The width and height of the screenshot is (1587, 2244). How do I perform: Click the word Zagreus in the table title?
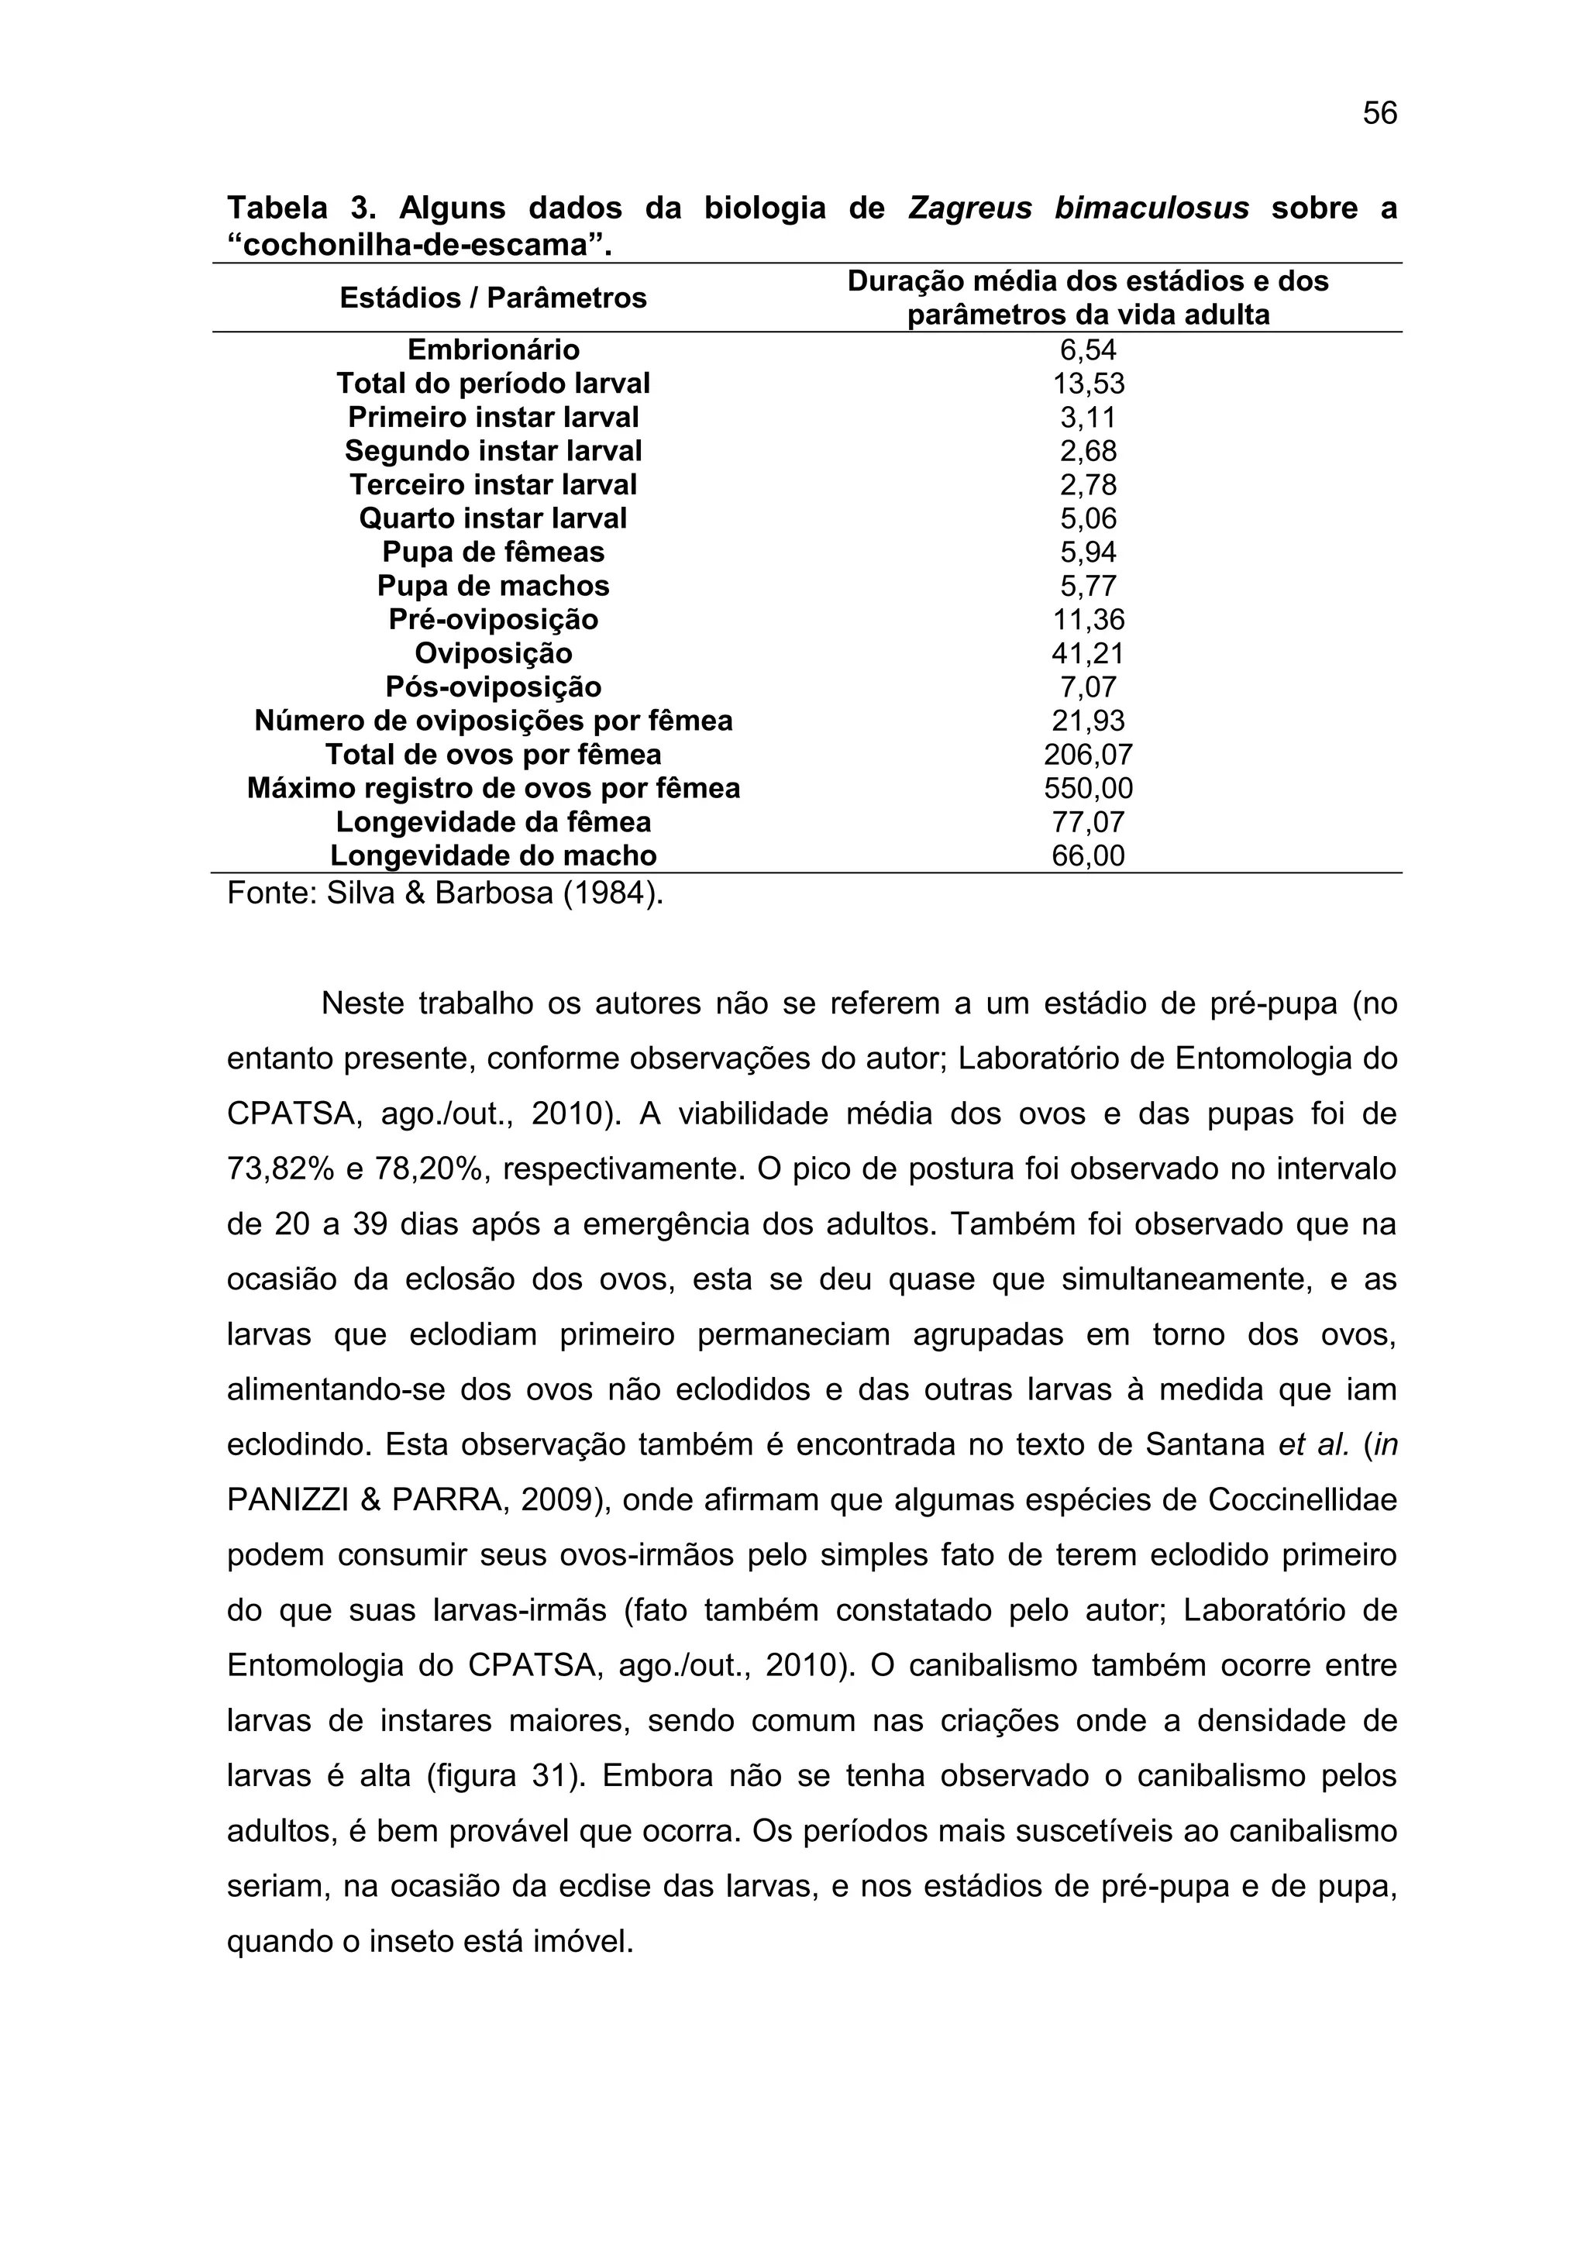click(x=969, y=208)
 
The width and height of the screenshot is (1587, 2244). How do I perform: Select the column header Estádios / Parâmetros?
click(x=493, y=298)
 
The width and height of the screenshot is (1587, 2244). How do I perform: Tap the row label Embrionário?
click(x=493, y=350)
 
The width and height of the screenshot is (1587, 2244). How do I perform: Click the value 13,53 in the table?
click(x=1088, y=383)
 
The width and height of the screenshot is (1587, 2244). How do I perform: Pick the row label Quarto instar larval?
click(x=493, y=518)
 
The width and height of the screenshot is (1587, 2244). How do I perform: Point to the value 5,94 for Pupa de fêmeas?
click(x=1088, y=552)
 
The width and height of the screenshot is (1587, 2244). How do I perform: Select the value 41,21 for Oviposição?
click(x=1088, y=653)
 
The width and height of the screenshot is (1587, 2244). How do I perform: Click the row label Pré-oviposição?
click(x=493, y=620)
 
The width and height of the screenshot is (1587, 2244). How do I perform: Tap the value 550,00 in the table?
click(x=1088, y=788)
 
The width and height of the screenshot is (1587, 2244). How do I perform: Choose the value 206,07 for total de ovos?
click(x=1088, y=755)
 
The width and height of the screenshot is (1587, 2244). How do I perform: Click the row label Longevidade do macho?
click(x=493, y=855)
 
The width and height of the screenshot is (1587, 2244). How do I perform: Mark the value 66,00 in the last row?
click(x=1088, y=855)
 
